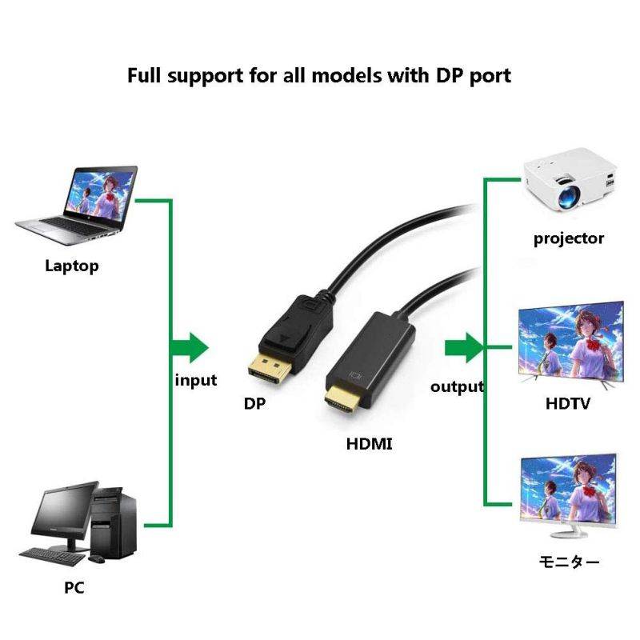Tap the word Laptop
click(x=72, y=266)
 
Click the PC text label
click(x=74, y=588)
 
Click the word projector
click(x=569, y=238)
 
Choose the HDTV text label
click(x=568, y=403)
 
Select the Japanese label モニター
click(x=568, y=562)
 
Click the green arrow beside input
click(x=191, y=346)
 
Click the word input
click(x=196, y=380)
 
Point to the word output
click(x=458, y=387)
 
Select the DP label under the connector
click(x=254, y=404)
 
